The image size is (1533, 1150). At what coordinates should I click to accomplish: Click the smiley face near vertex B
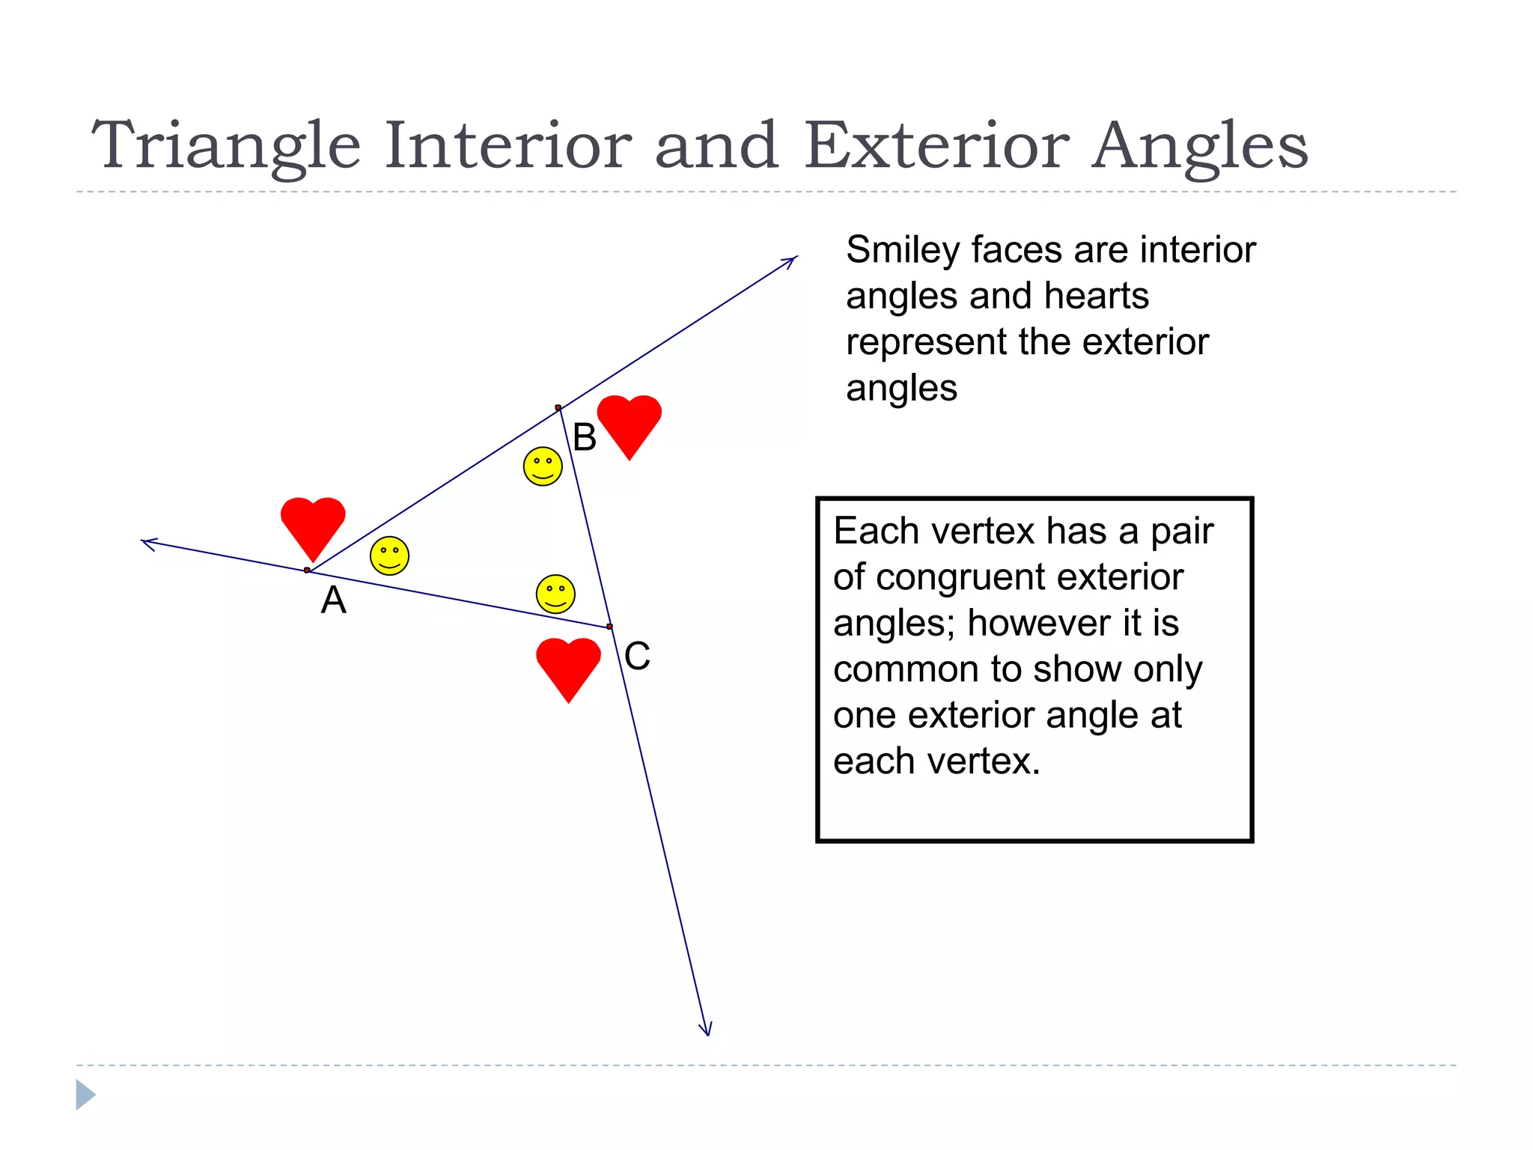pos(543,466)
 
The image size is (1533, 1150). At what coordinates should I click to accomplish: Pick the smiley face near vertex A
pos(389,556)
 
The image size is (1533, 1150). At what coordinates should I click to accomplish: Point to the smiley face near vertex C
pos(555,594)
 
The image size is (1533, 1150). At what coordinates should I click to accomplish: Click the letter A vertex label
pos(334,600)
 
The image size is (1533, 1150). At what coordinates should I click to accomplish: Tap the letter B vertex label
pos(585,437)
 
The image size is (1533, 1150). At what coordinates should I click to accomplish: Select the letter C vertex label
pos(637,657)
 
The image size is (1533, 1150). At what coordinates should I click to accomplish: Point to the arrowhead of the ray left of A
pos(147,542)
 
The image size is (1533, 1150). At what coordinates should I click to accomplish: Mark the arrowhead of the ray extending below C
pos(706,1031)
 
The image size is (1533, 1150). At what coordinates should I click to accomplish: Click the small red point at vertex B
pos(558,408)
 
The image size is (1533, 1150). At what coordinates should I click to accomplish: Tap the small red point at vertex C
pos(610,627)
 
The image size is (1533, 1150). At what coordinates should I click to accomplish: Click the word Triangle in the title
pos(225,146)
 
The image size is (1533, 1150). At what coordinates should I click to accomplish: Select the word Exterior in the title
pos(936,146)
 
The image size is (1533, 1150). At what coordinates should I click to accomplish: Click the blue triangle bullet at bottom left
pos(85,1095)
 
